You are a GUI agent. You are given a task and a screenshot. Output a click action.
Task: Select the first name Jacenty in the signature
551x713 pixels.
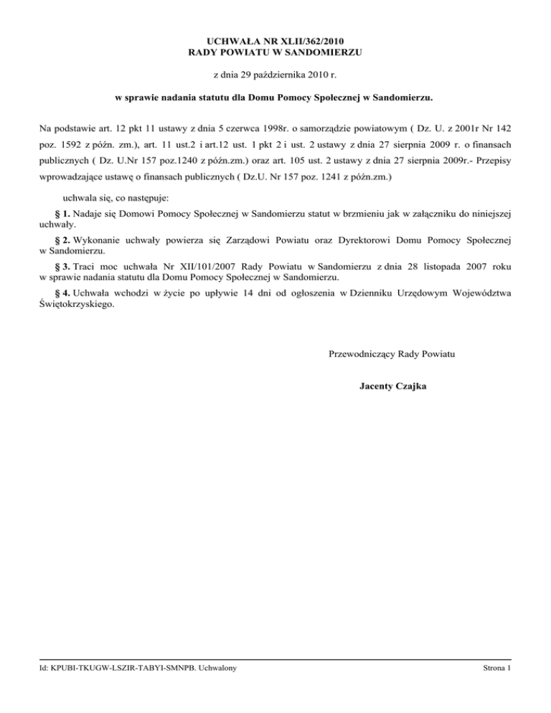click(x=377, y=387)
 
